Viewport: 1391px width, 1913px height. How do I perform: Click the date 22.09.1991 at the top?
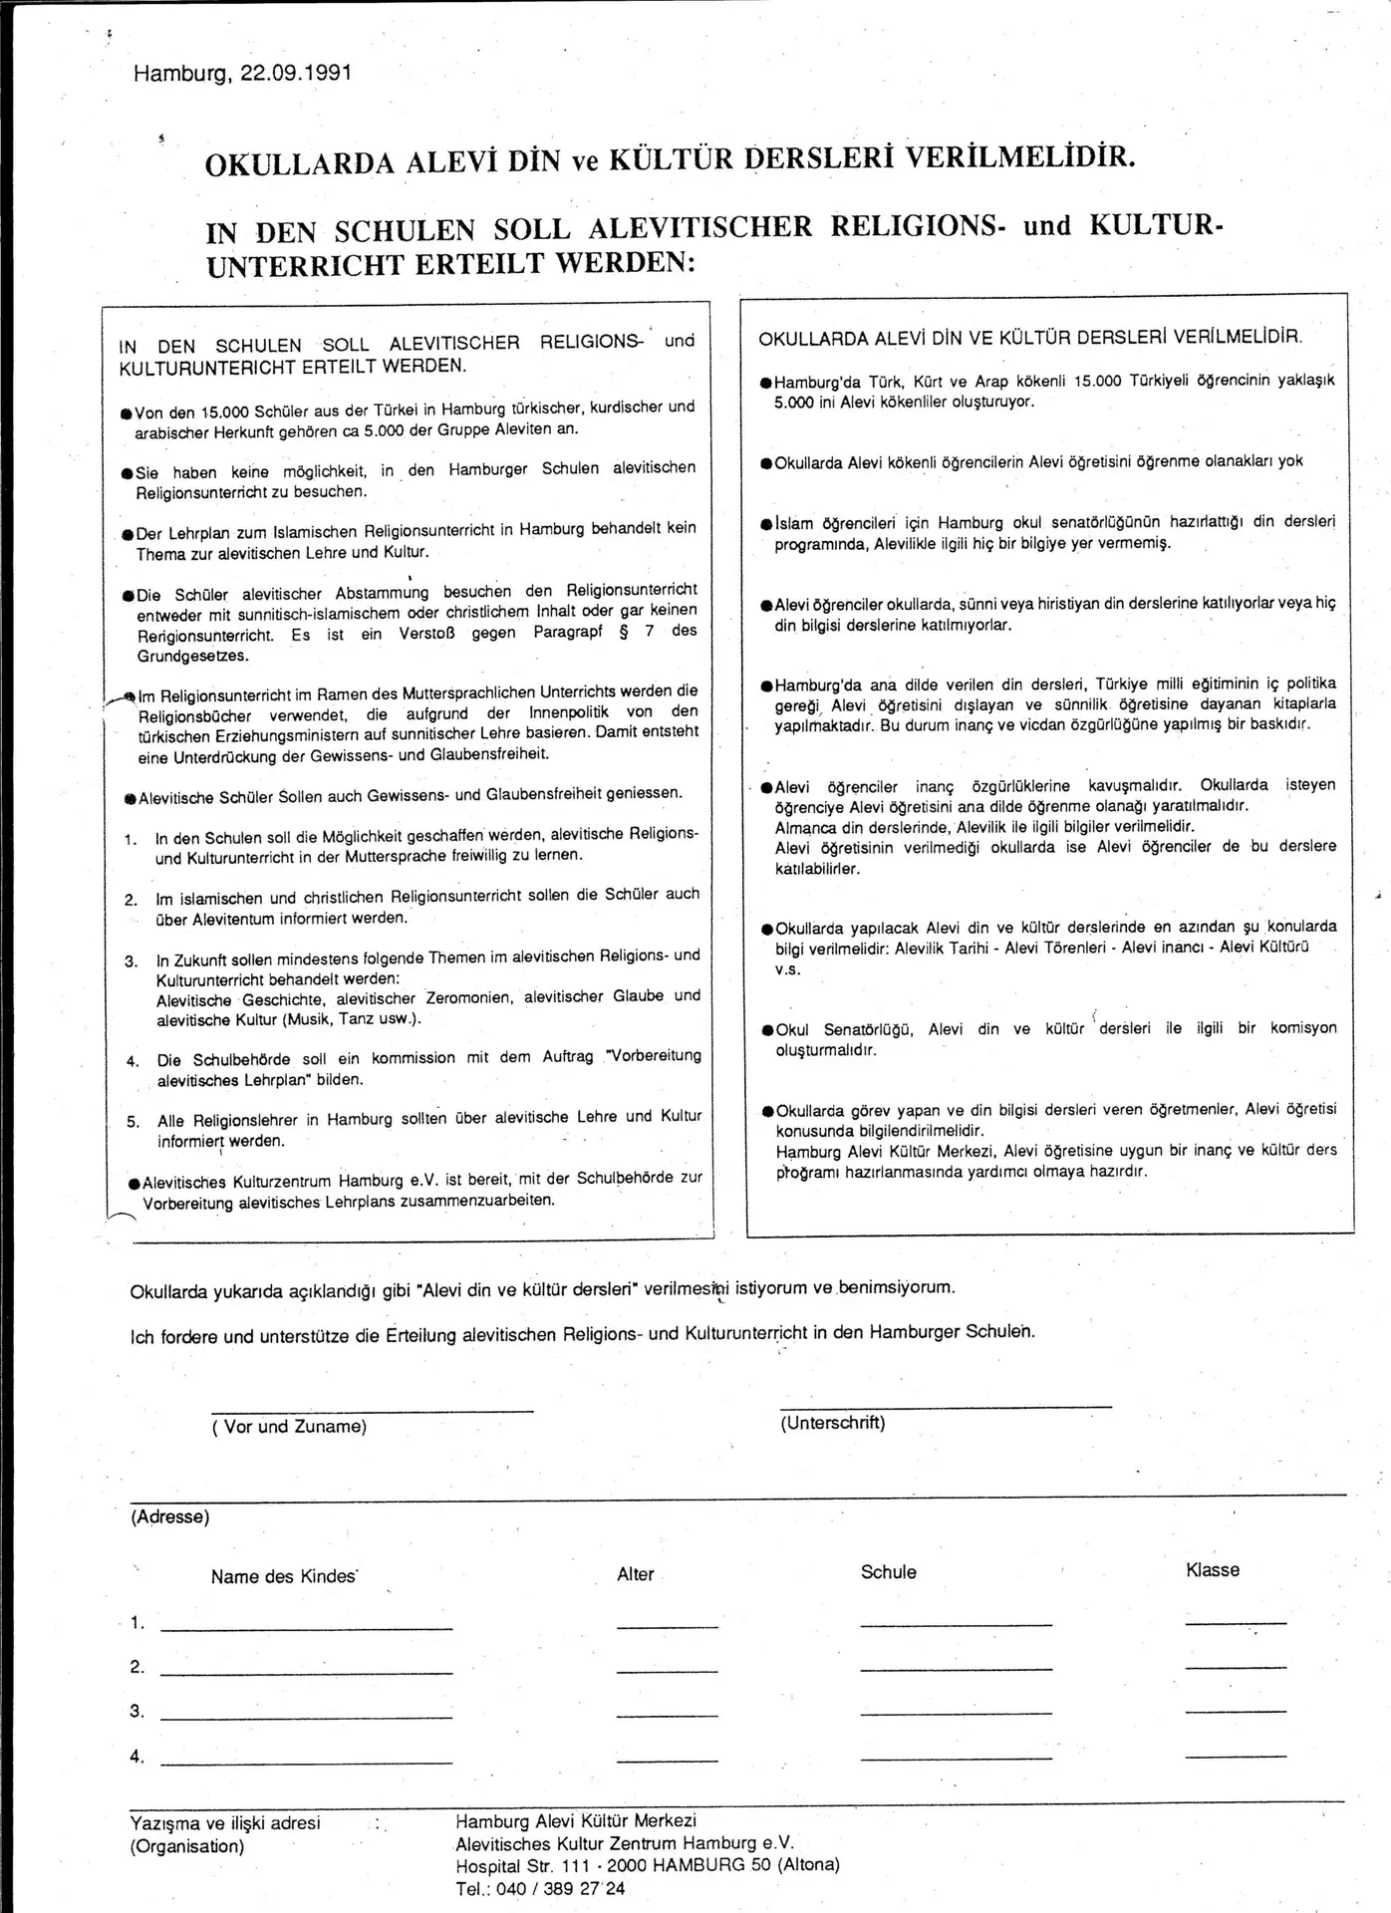296,75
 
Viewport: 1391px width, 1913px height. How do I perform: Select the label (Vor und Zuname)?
289,1427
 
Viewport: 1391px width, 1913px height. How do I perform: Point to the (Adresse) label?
170,1517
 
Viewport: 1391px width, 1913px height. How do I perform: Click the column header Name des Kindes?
284,1576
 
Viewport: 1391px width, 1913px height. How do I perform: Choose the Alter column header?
636,1574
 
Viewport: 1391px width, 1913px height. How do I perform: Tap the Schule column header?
888,1572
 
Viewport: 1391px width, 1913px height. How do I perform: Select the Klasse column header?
1213,1570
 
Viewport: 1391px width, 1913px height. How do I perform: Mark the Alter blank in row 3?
667,1715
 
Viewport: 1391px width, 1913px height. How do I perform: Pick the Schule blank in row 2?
956,1668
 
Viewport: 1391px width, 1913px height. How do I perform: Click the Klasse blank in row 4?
1236,1756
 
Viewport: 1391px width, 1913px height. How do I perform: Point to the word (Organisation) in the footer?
186,1846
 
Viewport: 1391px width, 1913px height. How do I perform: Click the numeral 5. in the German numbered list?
134,1122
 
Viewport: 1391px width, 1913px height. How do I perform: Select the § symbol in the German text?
624,632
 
